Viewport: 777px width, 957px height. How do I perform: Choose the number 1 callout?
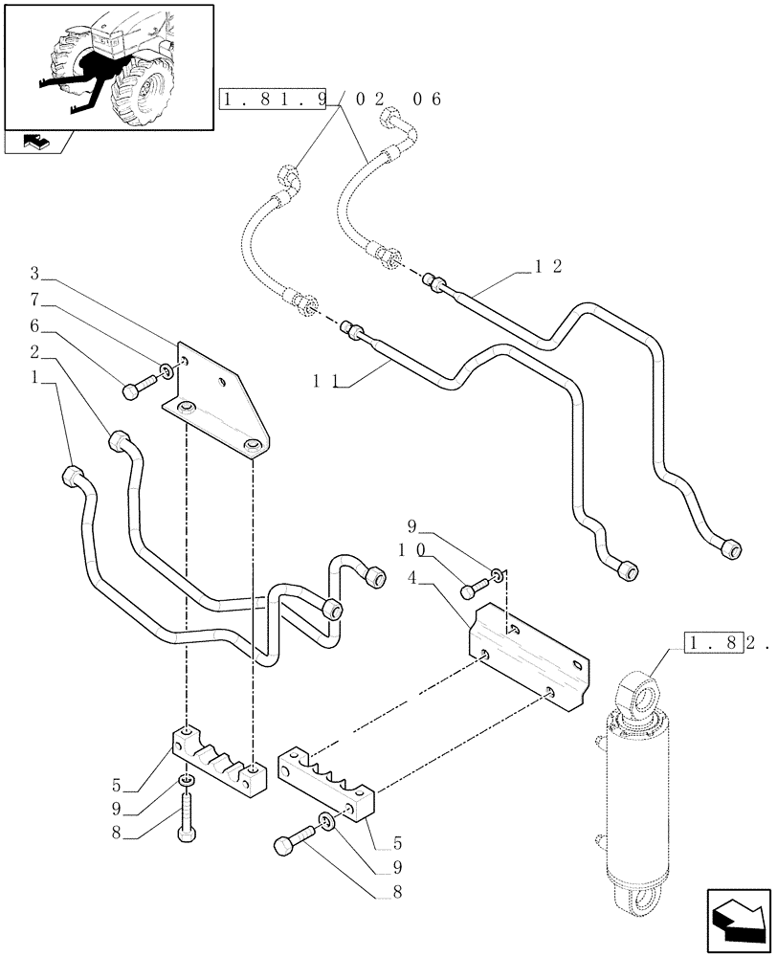36,378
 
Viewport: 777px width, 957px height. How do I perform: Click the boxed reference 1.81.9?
274,100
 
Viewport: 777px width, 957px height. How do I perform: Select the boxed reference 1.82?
715,644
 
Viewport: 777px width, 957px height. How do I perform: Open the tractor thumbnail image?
107,65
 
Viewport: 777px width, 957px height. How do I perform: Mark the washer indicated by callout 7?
167,370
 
